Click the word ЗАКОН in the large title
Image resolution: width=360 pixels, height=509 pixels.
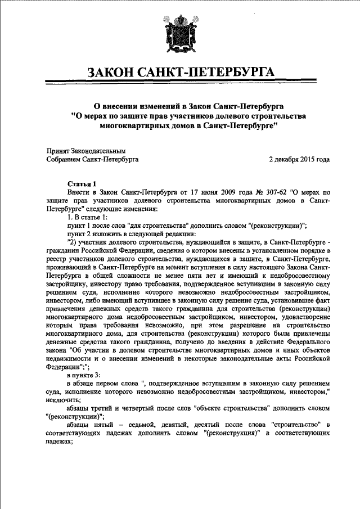point(112,73)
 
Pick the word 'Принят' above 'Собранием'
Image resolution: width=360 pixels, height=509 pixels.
point(58,151)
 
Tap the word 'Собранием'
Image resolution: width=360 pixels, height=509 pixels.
point(66,160)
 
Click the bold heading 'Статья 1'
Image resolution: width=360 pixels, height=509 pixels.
point(82,183)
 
